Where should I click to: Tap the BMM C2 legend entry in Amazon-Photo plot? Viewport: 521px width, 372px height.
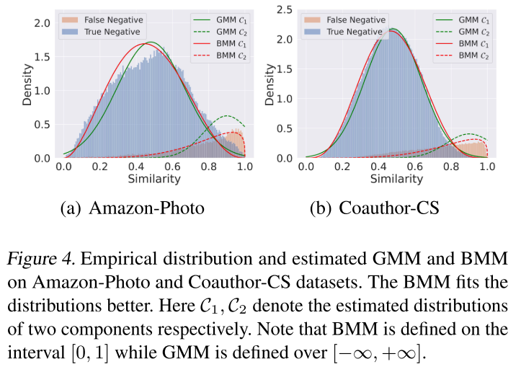[224, 56]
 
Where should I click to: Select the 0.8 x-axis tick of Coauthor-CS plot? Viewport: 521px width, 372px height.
[451, 167]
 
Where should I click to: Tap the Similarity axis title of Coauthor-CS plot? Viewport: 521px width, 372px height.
[397, 178]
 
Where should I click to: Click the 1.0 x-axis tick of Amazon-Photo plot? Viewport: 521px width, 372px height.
[245, 167]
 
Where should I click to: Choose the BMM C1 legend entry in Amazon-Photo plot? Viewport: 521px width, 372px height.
[224, 44]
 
